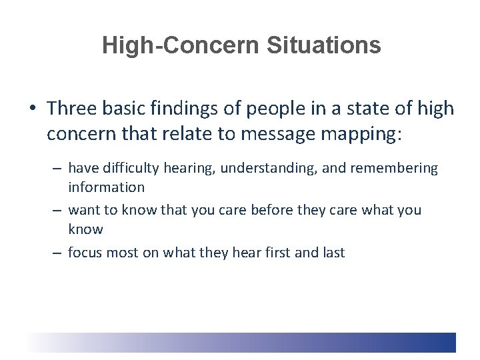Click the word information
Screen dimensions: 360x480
coord(106,187)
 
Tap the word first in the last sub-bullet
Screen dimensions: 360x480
coord(279,253)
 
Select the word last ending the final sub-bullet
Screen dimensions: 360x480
coord(332,253)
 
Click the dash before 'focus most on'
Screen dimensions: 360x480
coord(57,253)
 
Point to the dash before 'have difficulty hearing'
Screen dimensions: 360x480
coord(57,169)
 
